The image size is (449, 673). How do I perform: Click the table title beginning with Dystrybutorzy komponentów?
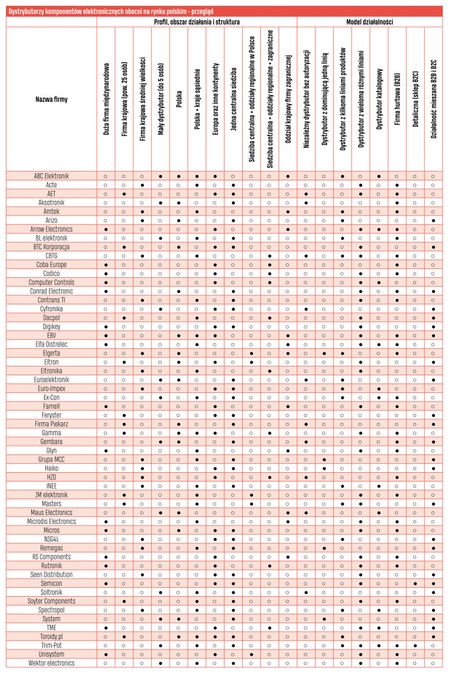click(111, 12)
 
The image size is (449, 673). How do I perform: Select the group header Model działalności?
click(370, 22)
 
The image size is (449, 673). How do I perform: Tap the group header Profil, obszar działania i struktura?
click(197, 22)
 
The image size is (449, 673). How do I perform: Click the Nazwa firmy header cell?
click(52, 100)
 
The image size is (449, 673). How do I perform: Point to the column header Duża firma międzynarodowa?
click(106, 100)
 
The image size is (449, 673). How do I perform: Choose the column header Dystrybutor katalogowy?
click(379, 99)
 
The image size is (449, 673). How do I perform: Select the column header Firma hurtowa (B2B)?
click(397, 99)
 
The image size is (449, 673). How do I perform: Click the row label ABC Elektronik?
click(52, 176)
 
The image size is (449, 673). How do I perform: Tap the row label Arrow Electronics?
click(52, 229)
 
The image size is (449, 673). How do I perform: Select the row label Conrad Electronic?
click(52, 291)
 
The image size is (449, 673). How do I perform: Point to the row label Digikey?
click(52, 327)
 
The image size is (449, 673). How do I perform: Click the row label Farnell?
click(52, 406)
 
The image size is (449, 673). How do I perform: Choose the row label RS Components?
click(52, 557)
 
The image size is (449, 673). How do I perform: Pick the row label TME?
click(52, 628)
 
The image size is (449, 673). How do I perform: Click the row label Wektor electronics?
click(52, 663)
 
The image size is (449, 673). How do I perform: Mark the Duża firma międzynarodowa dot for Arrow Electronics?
click(106, 230)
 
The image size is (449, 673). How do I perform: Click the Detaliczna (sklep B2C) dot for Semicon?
click(415, 584)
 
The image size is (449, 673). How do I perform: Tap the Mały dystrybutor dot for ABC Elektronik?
click(160, 176)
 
